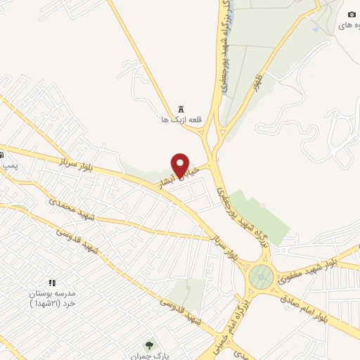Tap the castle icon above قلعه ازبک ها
click(x=181, y=110)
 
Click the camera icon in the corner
click(x=352, y=15)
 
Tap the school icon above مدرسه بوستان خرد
click(x=51, y=282)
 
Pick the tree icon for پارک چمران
click(x=149, y=345)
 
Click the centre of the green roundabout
click(x=261, y=275)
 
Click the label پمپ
click(x=8, y=165)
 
